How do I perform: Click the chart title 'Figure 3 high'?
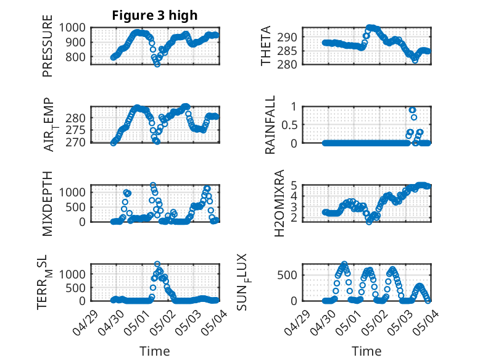point(155,15)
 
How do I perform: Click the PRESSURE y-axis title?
point(48,46)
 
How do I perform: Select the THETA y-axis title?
point(266,46)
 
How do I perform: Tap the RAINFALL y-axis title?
point(270,125)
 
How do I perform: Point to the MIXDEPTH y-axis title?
point(48,204)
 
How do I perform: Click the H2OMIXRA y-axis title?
point(279,203)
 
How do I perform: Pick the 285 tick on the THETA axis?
point(287,51)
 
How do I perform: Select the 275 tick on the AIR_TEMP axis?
point(75,130)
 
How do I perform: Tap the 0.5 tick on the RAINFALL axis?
point(289,125)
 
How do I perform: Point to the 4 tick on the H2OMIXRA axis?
point(294,196)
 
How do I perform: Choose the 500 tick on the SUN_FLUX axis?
point(287,275)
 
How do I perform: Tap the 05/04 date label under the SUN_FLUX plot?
point(426,322)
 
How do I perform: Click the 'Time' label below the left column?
point(155,351)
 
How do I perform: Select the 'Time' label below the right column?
point(366,351)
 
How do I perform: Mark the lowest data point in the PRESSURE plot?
point(157,64)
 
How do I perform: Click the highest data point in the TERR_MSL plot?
point(157,264)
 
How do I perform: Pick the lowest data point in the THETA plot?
point(415,61)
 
